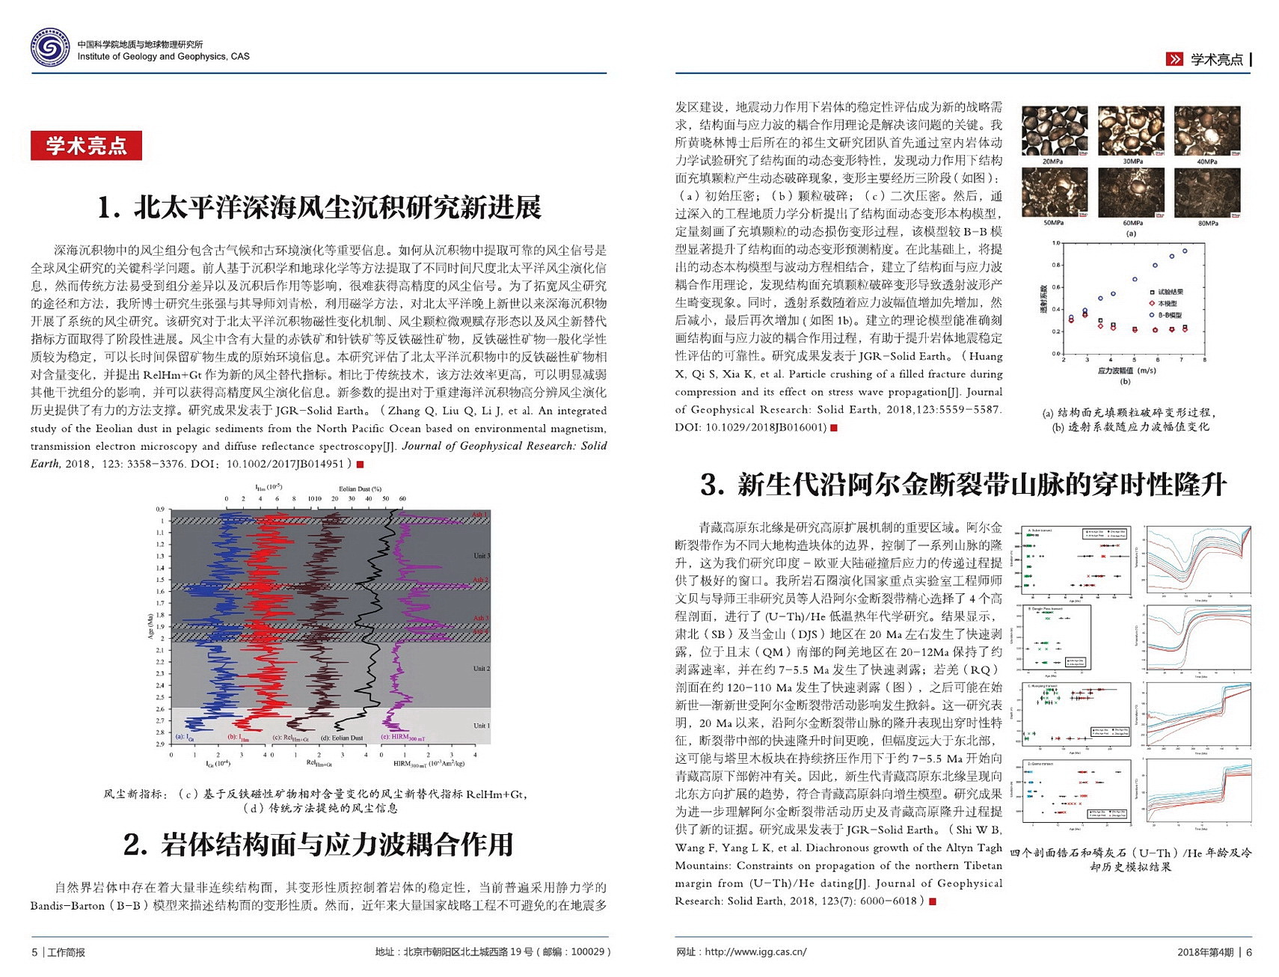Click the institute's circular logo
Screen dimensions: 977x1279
(50, 48)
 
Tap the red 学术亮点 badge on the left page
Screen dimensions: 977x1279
(86, 145)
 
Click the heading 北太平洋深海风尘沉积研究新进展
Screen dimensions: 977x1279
(319, 207)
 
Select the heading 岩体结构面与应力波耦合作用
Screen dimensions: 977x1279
(319, 844)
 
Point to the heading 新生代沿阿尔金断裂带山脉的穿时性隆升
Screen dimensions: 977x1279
(963, 484)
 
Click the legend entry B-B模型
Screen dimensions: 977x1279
(1170, 315)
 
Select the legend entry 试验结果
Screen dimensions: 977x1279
(1171, 291)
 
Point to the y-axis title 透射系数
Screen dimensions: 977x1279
(1043, 298)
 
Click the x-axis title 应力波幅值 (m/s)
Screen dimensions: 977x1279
(1126, 370)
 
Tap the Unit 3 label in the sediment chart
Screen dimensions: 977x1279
(481, 556)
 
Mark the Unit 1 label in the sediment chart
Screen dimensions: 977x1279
(481, 725)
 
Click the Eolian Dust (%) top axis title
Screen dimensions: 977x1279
(360, 488)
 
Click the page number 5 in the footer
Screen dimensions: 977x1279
(34, 952)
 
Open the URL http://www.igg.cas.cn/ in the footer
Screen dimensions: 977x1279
(755, 952)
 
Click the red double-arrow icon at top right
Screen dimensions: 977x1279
(1174, 59)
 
